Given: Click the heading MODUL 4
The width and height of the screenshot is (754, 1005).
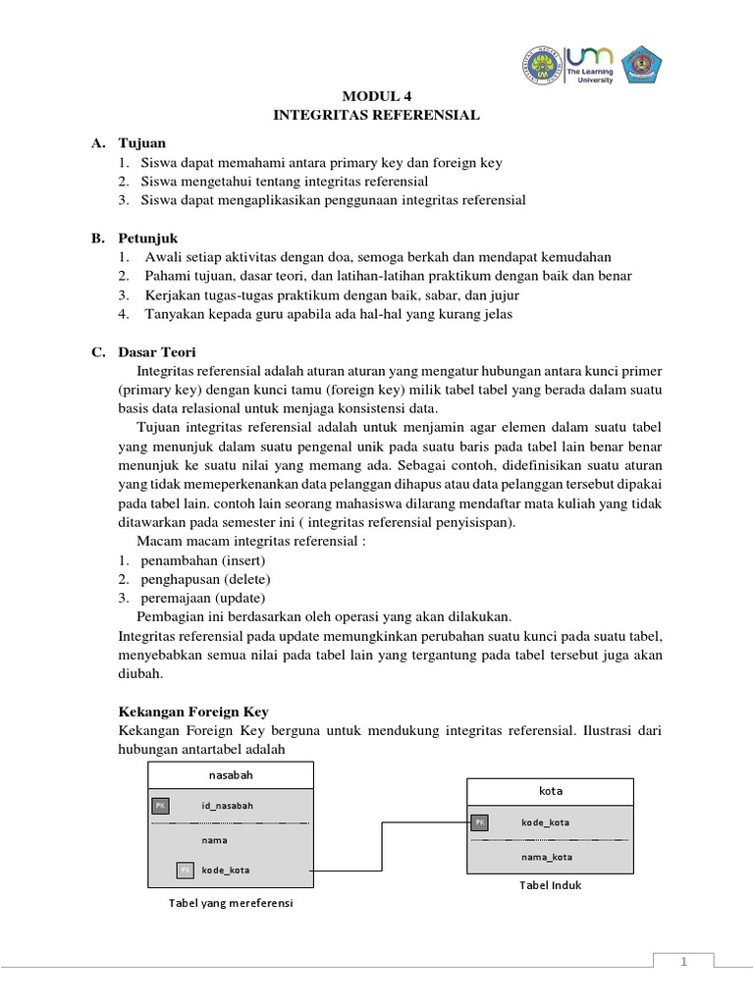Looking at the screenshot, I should (376, 96).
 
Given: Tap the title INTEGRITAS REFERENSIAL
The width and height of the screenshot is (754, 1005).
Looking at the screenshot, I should (376, 115).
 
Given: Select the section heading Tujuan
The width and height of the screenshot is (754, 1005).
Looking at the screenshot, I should (144, 143).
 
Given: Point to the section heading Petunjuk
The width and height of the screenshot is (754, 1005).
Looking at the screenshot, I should (149, 238).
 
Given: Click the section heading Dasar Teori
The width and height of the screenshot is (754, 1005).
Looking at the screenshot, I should (157, 352).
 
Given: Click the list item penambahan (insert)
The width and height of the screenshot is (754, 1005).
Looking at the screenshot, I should (203, 560).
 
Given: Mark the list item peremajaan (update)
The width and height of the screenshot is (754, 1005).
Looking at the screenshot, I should (203, 598).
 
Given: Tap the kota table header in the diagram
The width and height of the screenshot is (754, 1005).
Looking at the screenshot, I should (551, 791).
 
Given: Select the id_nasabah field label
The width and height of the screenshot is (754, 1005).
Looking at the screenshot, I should (228, 806).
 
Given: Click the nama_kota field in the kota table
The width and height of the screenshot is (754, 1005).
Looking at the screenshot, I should (547, 857).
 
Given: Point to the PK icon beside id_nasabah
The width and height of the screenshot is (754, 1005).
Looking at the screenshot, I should (160, 806).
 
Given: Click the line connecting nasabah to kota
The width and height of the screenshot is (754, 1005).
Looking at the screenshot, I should (381, 846).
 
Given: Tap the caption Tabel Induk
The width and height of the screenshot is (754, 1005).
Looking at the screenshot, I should (551, 885).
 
